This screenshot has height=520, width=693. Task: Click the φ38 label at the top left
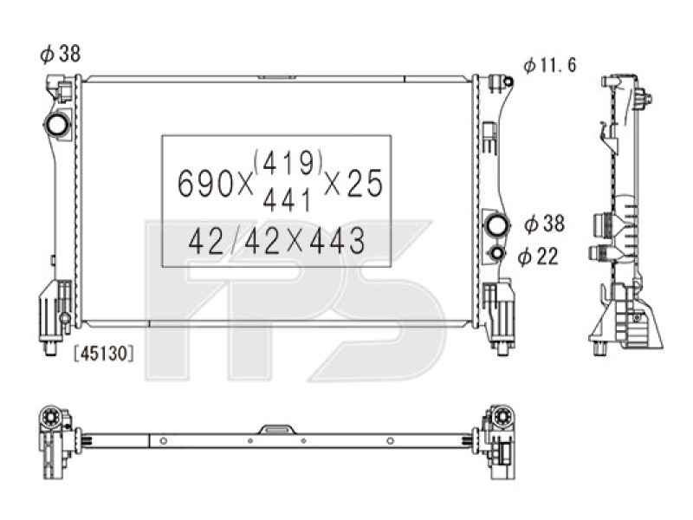click(x=60, y=54)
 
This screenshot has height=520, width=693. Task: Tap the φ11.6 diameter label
click(x=549, y=66)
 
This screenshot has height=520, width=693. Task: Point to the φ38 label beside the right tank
click(x=544, y=224)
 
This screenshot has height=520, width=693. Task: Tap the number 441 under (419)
click(x=287, y=202)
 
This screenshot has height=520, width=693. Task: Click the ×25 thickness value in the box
click(x=353, y=183)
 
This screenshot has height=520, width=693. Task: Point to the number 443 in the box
click(x=334, y=243)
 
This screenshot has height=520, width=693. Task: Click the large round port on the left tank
click(x=58, y=125)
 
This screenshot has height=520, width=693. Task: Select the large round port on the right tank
click(x=498, y=225)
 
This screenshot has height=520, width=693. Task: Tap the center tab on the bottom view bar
click(x=278, y=428)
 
